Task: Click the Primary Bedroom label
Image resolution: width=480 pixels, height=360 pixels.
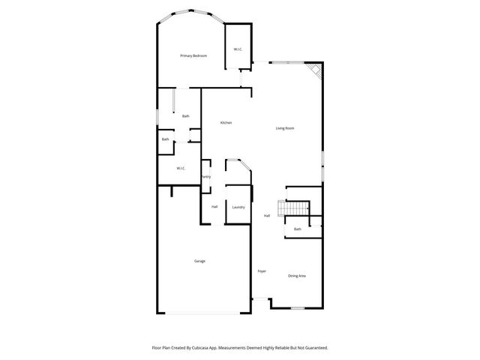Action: point(193,56)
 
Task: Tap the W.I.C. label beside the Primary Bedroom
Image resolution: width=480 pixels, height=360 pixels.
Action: point(237,49)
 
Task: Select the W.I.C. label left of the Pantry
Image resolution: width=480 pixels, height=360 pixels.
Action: point(181,168)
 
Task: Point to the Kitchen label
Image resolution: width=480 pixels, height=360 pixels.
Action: point(225,123)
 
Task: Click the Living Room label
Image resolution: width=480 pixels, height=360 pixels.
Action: point(285,128)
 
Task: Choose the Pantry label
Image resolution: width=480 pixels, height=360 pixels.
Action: point(205,176)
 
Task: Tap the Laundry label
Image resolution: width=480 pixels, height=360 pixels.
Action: point(238,207)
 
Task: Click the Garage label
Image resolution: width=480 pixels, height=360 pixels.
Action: point(199,261)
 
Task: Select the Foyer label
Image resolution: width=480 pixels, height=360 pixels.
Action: point(262,271)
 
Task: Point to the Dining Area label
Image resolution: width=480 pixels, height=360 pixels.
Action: point(297,276)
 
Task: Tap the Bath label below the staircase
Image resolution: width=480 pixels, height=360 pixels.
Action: point(297,229)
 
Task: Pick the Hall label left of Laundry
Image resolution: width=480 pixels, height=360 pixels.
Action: point(214,206)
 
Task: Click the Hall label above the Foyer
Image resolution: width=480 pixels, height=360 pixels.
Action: point(266,216)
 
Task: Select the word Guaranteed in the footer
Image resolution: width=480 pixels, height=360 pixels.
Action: point(312,348)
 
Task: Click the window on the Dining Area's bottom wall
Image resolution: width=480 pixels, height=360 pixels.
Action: point(297,308)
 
